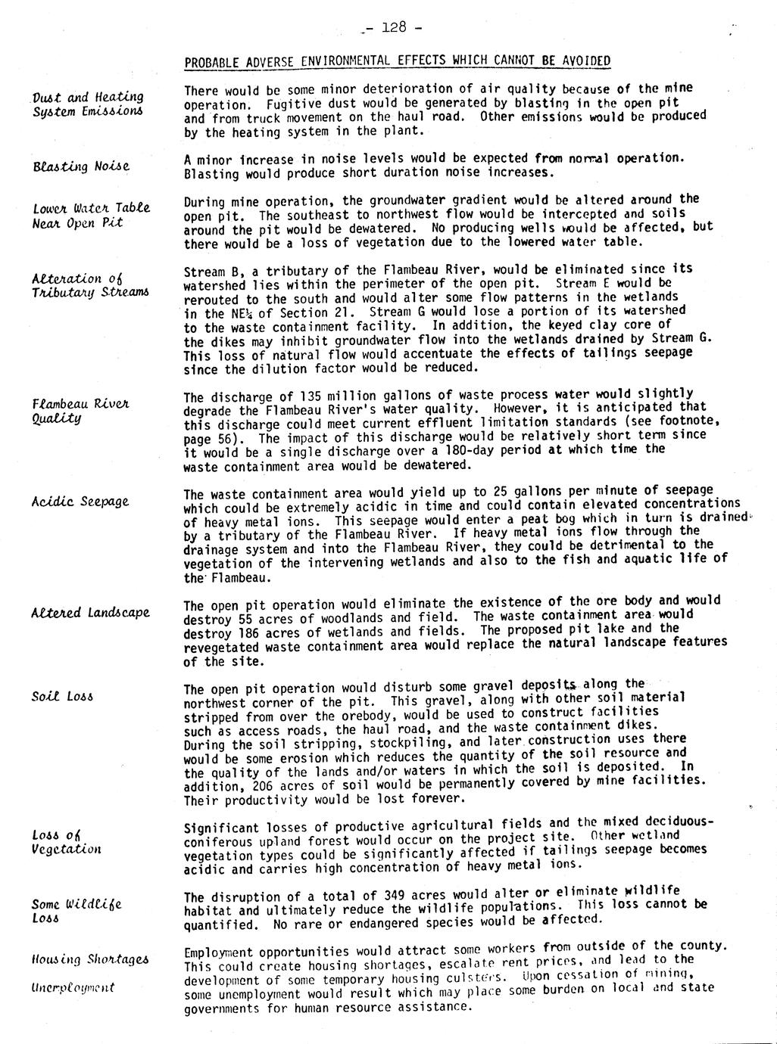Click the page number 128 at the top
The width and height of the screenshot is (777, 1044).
tap(394, 28)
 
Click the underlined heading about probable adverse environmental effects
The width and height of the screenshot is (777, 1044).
tap(397, 61)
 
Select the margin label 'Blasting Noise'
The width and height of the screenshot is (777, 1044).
tap(81, 166)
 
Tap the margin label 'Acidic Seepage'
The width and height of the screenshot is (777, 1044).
tap(80, 502)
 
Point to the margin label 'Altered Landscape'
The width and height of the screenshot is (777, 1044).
tap(90, 613)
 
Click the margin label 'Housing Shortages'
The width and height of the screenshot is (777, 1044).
tap(90, 959)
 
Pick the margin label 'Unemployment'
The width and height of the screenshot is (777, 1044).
tap(73, 987)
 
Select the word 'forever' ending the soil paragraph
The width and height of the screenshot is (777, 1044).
tap(437, 799)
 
